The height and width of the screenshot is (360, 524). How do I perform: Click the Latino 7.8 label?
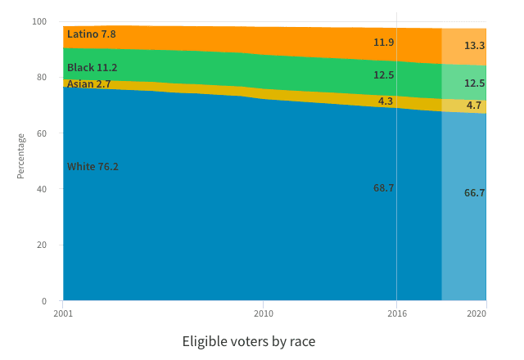coord(92,34)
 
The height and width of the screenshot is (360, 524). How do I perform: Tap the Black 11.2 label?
coord(93,68)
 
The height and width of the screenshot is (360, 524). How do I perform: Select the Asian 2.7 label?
coord(89,83)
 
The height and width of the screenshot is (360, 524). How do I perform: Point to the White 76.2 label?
coord(93,167)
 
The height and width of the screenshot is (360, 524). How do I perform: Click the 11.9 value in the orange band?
coord(384,43)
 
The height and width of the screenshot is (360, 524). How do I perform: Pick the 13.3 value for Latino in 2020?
coord(474,46)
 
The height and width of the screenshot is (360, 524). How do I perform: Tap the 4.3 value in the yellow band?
coord(386,101)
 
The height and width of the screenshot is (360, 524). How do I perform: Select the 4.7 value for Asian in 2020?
coord(474,106)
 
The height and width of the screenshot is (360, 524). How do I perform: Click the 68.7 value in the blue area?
coord(384,188)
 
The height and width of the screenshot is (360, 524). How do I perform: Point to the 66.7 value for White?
coord(474,193)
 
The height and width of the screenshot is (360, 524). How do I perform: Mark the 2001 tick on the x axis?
coord(63,313)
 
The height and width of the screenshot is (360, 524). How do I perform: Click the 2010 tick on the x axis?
coord(264,313)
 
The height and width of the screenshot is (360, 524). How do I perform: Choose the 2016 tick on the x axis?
coord(396,313)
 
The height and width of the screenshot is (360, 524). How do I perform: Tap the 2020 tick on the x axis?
coord(477,313)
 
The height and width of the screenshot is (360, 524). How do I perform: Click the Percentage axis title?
coord(21,156)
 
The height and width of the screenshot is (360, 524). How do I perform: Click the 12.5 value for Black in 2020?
coord(474,83)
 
